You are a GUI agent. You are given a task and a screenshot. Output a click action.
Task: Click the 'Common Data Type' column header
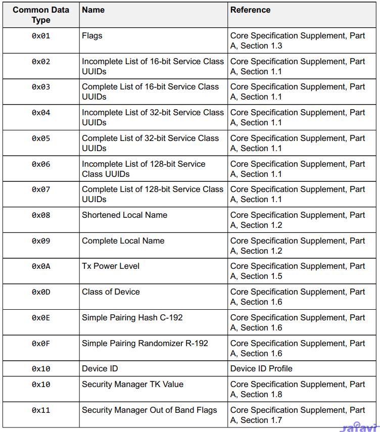tap(41, 15)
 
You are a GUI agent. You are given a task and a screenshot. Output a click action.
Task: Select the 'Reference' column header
tap(250, 10)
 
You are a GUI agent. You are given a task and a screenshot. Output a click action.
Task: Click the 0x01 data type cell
tap(41, 36)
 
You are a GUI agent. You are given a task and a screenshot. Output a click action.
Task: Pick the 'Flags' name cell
tap(92, 36)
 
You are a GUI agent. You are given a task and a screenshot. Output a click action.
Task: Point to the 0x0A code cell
tap(41, 266)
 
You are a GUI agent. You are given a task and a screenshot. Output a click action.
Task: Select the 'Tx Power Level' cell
tap(111, 266)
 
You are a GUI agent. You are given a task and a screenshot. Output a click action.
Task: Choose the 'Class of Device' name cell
tap(111, 292)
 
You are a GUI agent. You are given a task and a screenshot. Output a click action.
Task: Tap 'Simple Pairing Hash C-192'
tap(132, 318)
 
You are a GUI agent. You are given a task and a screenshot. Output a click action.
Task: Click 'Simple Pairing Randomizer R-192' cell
tap(145, 343)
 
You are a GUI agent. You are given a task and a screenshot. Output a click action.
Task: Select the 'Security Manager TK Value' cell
tap(132, 384)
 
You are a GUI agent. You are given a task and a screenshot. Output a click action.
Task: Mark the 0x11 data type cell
tap(41, 410)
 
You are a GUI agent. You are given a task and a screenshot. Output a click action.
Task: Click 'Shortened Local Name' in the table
tap(124, 215)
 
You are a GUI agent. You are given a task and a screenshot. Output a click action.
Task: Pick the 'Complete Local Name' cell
tap(123, 241)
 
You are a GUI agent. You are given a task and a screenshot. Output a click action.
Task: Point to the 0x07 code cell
tap(41, 189)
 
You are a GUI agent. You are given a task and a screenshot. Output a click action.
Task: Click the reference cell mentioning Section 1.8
tap(298, 389)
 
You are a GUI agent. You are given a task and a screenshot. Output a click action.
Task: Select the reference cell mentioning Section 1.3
tap(298, 40)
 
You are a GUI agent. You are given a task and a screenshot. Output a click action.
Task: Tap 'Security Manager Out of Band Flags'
tap(149, 410)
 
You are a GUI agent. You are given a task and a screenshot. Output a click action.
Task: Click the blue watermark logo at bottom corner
tap(359, 427)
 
